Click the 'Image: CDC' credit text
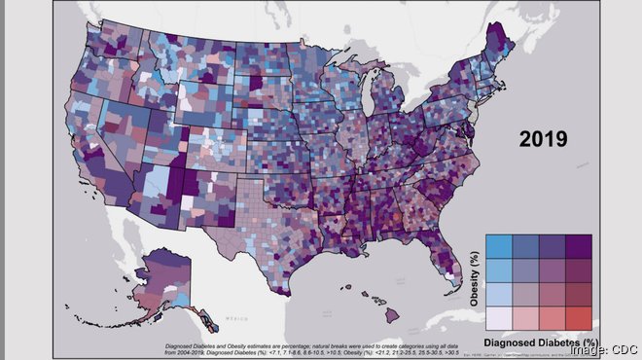click(x=603, y=348)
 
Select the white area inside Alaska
click(x=174, y=289)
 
